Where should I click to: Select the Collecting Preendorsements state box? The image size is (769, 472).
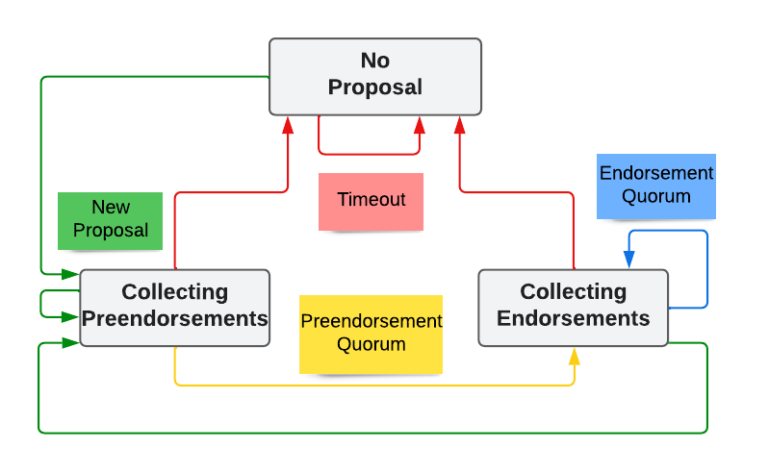tap(174, 307)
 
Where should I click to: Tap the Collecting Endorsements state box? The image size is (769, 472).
tap(573, 307)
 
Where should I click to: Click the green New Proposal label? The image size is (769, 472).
tap(111, 220)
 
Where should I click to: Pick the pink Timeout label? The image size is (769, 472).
tap(371, 201)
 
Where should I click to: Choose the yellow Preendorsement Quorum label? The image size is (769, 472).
tap(371, 334)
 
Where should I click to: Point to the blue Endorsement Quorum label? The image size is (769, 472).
tap(656, 185)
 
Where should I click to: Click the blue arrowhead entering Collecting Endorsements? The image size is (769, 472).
tap(629, 260)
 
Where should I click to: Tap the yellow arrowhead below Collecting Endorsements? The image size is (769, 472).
tap(575, 356)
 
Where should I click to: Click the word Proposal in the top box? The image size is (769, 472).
tap(375, 87)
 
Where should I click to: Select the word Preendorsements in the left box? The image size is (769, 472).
tap(174, 318)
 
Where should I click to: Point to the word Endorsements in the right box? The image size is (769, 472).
tap(573, 318)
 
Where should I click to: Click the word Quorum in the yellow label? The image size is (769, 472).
tap(371, 344)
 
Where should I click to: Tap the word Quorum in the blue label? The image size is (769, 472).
tap(656, 196)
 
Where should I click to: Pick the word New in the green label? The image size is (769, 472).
tap(111, 208)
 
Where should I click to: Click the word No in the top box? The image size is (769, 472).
tap(375, 62)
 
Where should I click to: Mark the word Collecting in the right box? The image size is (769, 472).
tap(573, 292)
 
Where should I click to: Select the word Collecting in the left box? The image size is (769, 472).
tap(174, 292)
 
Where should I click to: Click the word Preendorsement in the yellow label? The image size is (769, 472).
tap(371, 322)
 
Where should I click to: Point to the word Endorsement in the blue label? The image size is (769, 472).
tap(656, 173)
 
